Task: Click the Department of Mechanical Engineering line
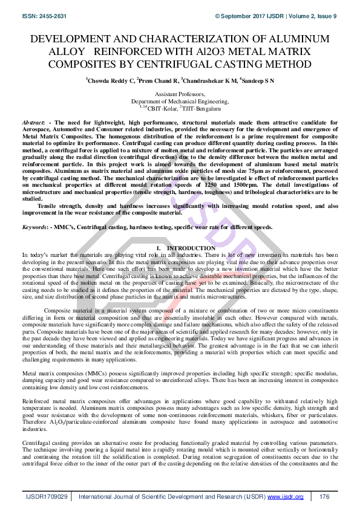[x=180, y=102]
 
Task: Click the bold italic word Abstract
[x=33, y=122]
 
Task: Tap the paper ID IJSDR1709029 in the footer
[x=47, y=496]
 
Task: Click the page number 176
[x=324, y=496]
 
